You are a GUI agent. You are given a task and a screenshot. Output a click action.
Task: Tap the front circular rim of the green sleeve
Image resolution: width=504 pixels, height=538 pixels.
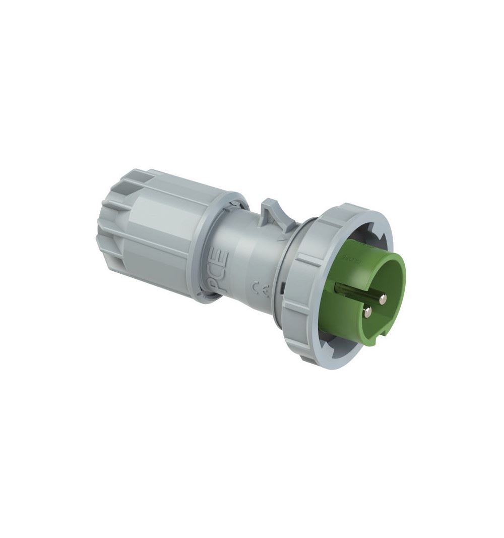pos(398,272)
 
